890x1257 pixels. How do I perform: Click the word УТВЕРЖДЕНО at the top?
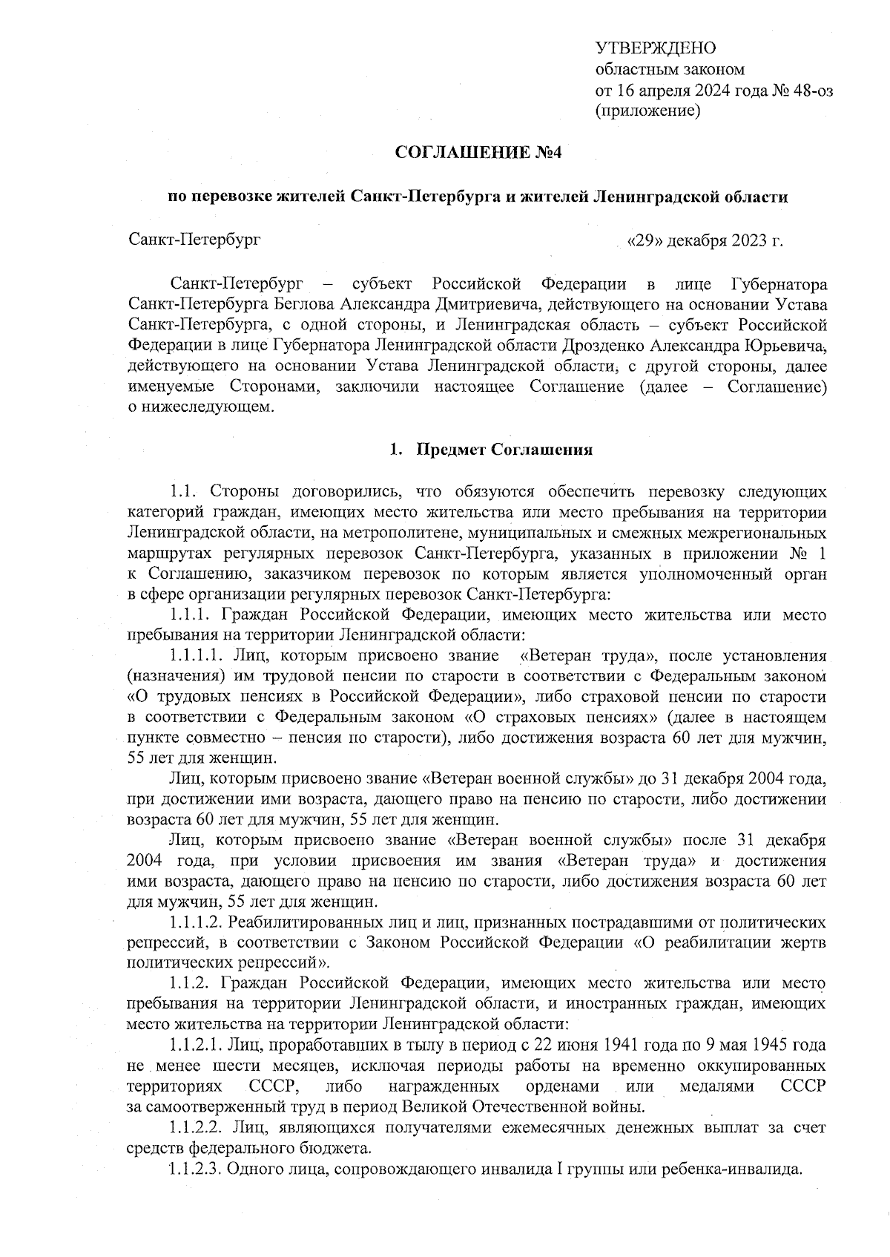pyautogui.click(x=656, y=49)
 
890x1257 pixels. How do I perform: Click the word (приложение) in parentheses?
pyautogui.click(x=648, y=111)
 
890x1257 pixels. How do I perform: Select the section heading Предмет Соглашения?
pyautogui.click(x=504, y=450)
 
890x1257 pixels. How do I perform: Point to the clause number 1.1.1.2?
pyautogui.click(x=196, y=922)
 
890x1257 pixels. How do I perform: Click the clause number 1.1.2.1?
pyautogui.click(x=196, y=1046)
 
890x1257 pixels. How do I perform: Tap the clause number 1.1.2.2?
pyautogui.click(x=196, y=1128)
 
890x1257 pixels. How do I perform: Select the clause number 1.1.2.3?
pyautogui.click(x=196, y=1170)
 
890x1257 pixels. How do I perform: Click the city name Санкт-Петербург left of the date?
pyautogui.click(x=194, y=240)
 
